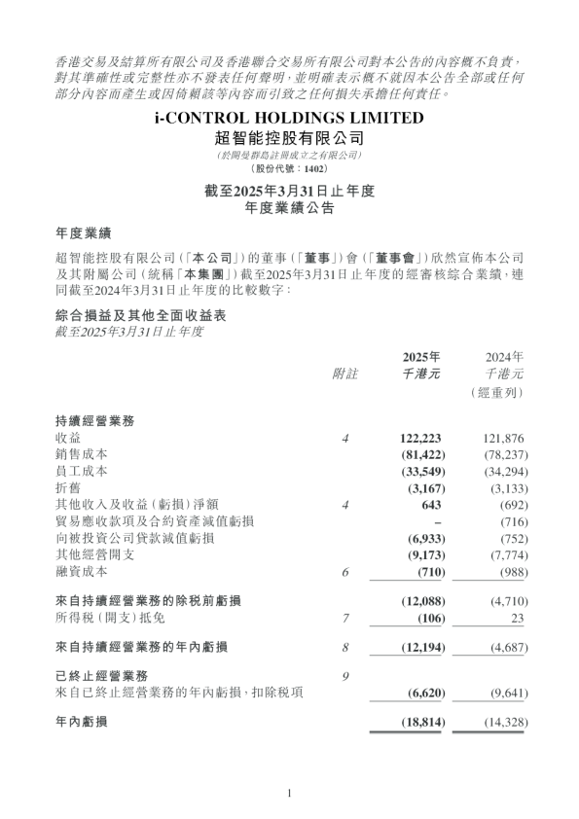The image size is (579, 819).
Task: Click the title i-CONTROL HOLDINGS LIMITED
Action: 289,119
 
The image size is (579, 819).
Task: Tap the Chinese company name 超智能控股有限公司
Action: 289,138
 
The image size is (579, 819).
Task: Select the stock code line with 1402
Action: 289,167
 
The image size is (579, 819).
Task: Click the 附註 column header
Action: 345,373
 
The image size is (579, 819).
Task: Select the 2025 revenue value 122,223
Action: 421,440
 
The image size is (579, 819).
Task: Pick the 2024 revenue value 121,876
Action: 503,440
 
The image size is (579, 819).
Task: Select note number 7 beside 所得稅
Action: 345,619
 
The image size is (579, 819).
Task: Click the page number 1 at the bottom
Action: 289,794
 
